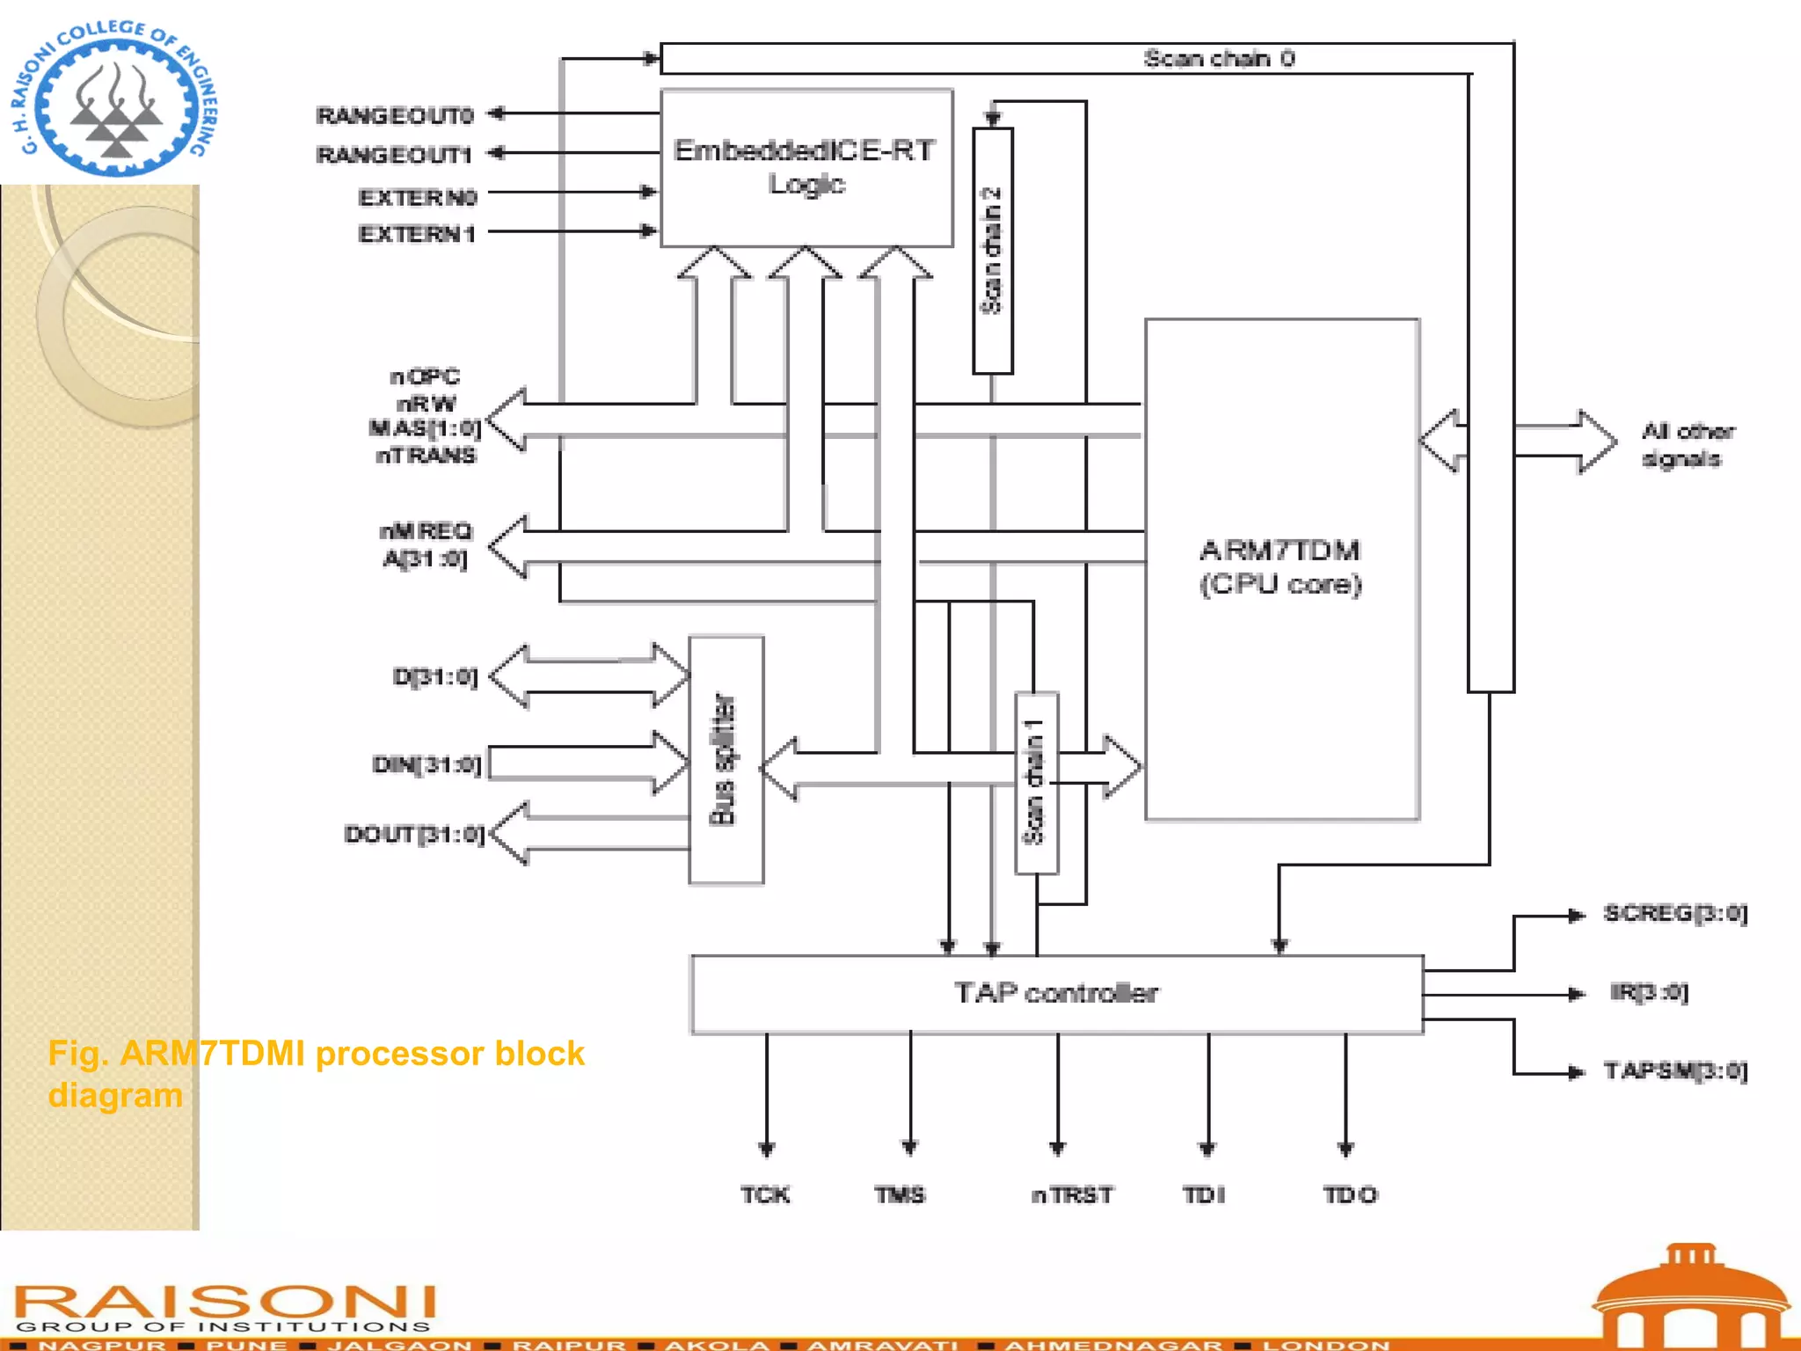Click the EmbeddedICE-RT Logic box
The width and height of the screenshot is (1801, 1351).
click(x=806, y=167)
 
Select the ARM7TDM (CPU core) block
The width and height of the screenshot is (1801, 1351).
click(x=1281, y=567)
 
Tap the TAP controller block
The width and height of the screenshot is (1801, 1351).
click(x=1056, y=994)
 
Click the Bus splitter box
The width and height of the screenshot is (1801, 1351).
click(x=726, y=760)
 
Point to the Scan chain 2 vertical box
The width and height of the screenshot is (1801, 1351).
click(x=992, y=251)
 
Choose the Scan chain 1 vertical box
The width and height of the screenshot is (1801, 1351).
click(x=1036, y=783)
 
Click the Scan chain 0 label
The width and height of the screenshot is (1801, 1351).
click(x=1218, y=59)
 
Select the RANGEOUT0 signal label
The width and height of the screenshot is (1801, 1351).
click(x=395, y=115)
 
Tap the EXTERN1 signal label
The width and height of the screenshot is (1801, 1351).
click(x=417, y=234)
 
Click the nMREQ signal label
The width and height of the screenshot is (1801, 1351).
click(x=426, y=530)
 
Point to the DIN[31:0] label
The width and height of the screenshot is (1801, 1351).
click(x=427, y=764)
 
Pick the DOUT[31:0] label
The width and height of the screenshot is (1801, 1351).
click(x=414, y=834)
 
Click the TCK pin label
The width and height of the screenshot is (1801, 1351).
click(x=765, y=1194)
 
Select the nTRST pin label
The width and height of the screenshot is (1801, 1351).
click(x=1072, y=1194)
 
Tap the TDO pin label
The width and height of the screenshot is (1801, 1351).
click(x=1350, y=1194)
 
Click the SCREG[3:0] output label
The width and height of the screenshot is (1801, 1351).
click(x=1674, y=914)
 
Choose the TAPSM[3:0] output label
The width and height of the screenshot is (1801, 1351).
click(x=1674, y=1071)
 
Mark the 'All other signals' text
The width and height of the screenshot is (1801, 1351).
click(x=1686, y=445)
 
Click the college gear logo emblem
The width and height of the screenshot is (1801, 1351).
click(x=115, y=99)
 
